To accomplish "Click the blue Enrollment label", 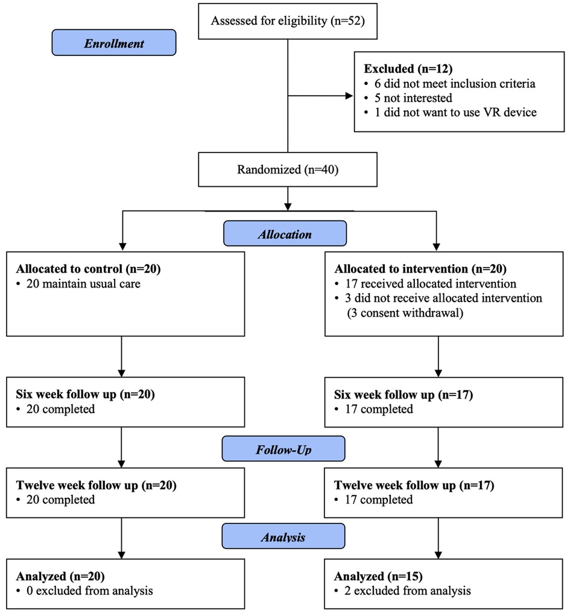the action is tap(114, 42).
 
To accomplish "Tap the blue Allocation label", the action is tap(285, 233).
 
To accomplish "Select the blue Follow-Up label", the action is tap(283, 449).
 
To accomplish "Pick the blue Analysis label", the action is tap(283, 536).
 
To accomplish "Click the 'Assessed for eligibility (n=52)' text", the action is tap(288, 20).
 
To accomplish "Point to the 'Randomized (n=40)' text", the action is tap(288, 169).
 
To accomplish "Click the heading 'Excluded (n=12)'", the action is tap(408, 69).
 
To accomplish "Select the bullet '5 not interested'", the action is tap(408, 98).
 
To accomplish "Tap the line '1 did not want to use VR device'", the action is tap(451, 112).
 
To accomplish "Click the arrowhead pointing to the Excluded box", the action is tap(349, 96).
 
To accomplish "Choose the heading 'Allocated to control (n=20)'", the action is tap(88, 269).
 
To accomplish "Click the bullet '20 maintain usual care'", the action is tap(78, 283).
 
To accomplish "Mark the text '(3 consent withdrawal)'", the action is tap(405, 313).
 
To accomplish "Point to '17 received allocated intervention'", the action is tap(425, 283).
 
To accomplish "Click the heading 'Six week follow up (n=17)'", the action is tap(404, 394).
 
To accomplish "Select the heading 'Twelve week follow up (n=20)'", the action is tap(96, 485).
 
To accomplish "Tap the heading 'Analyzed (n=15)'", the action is tap(378, 576).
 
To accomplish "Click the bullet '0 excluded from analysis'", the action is tap(84, 591).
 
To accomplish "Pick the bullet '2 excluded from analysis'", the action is tap(402, 591).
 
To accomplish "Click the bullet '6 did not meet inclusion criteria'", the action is tap(449, 84).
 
